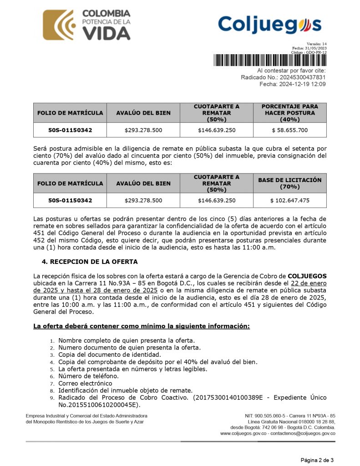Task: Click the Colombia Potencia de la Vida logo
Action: point(86,25)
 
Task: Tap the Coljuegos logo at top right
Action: point(269,25)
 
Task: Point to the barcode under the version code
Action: point(269,61)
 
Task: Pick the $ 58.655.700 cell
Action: point(289,130)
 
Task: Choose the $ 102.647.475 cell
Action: point(289,200)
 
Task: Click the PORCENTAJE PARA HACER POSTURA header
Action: point(289,113)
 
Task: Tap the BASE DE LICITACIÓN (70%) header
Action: point(289,183)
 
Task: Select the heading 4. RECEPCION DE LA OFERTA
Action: point(90,262)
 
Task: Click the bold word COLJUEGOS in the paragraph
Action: point(307,276)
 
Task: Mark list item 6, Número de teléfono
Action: point(88,376)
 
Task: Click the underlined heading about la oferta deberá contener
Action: point(142,326)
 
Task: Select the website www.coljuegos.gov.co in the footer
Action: point(244,434)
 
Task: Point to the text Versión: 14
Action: point(317,44)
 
